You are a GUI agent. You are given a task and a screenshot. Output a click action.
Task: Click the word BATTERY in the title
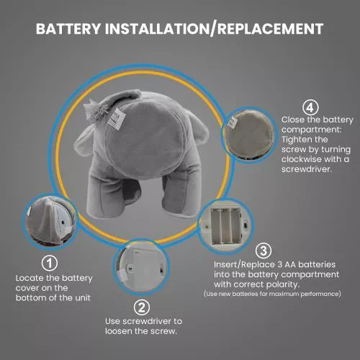pos(68,29)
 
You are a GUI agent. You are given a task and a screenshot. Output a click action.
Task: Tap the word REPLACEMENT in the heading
pos(270,29)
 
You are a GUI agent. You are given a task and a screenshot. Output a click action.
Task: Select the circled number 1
pos(50,264)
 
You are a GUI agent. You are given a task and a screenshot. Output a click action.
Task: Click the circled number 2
pos(142,307)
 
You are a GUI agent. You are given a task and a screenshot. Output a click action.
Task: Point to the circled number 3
pos(264,251)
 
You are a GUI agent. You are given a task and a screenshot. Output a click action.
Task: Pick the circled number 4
pos(310,108)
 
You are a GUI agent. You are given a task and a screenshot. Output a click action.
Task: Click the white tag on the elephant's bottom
pos(117,119)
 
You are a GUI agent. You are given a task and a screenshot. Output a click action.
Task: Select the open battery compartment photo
pos(226,225)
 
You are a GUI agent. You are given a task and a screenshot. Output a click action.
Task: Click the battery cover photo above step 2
pos(142,267)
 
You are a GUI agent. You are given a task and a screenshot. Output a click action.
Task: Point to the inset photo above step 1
pos(50,221)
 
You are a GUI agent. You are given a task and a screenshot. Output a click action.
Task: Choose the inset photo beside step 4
pos(249,135)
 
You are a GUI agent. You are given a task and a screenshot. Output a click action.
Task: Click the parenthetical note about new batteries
pos(272,294)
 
